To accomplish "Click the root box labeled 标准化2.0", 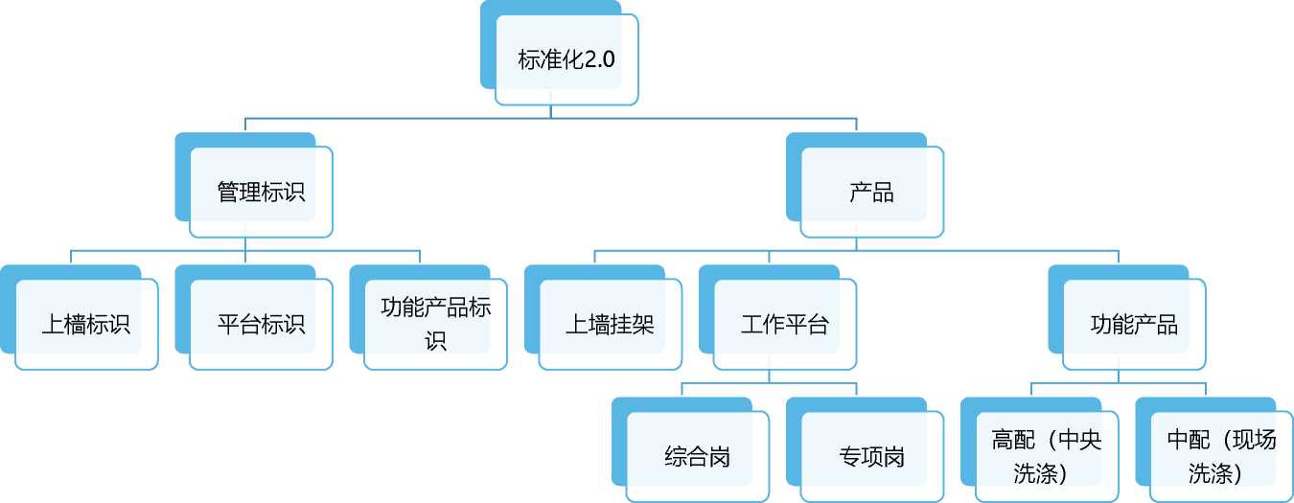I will [x=566, y=59].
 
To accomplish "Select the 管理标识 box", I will [x=261, y=192].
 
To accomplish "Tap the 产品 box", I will [x=871, y=192].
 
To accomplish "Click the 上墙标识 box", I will [x=86, y=324].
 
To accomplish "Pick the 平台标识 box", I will [x=261, y=324].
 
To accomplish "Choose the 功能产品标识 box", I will [x=435, y=324].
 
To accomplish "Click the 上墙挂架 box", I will [x=610, y=324].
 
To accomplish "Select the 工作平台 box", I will [x=784, y=324].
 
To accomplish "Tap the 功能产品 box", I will [x=1134, y=324].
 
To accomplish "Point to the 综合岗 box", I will [x=697, y=456].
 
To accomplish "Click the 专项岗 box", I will [x=871, y=456].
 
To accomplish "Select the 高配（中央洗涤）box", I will [x=1047, y=456].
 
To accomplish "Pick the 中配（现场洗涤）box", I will [x=1221, y=456].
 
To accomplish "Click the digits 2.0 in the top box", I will [x=599, y=59].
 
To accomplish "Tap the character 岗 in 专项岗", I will [x=893, y=456].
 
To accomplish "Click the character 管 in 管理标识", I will [x=228, y=192].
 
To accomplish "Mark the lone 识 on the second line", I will [x=436, y=340].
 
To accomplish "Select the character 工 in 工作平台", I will [x=751, y=324].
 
